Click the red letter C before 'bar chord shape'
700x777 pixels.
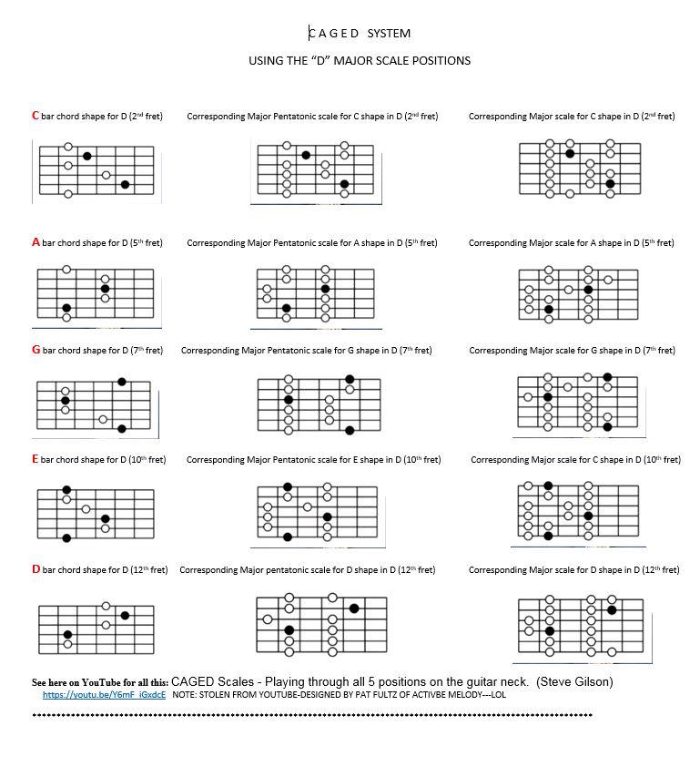pyautogui.click(x=36, y=116)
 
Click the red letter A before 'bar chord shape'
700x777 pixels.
pyautogui.click(x=36, y=242)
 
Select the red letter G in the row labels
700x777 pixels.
pyautogui.click(x=36, y=350)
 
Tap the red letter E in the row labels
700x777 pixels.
pyautogui.click(x=36, y=459)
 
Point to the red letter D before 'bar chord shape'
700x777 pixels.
pyautogui.click(x=36, y=569)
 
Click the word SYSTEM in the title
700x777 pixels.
pyautogui.click(x=389, y=34)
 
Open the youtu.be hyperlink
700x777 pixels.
pyautogui.click(x=104, y=694)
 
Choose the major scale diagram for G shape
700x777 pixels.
pyautogui.click(x=578, y=402)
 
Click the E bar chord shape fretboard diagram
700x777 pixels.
pyautogui.click(x=95, y=514)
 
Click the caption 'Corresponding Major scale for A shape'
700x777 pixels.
pyautogui.click(x=571, y=243)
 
